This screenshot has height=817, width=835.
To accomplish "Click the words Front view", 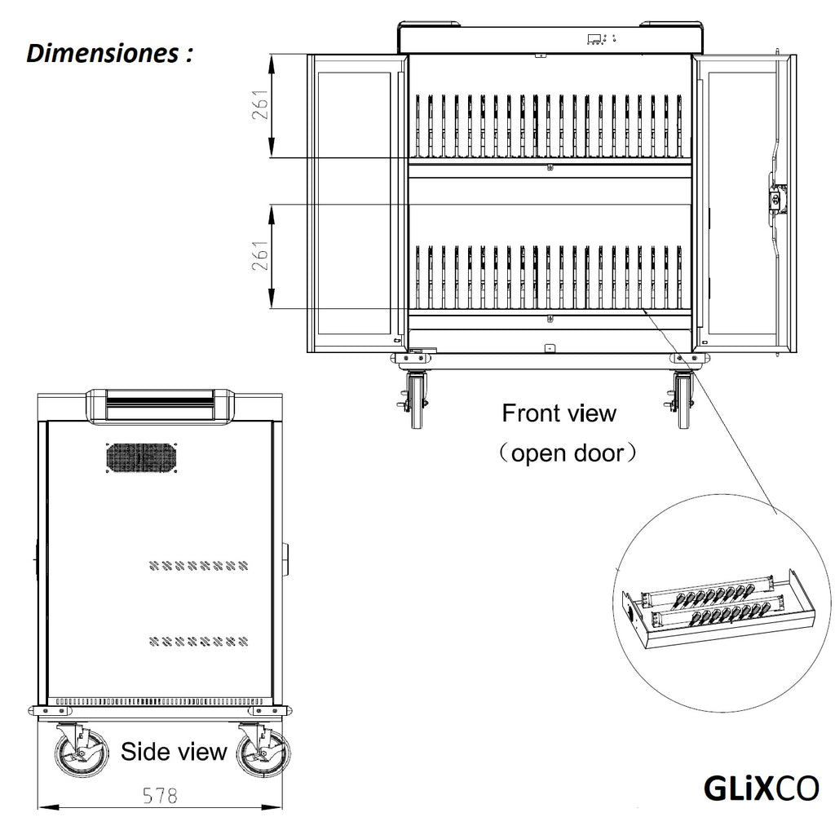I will click(x=559, y=413).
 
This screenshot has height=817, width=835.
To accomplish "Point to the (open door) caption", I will click(x=567, y=453).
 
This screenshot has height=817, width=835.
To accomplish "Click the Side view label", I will click(x=173, y=751).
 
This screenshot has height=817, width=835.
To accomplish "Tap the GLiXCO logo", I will click(x=760, y=788).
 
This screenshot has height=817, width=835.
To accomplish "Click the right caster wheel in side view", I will click(x=263, y=751).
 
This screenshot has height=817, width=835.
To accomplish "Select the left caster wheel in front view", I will click(x=418, y=400).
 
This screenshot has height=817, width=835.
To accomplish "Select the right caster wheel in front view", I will click(x=683, y=400).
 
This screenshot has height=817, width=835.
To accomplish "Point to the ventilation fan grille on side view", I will click(x=140, y=457).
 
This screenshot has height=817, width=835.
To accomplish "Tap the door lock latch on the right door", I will click(x=775, y=197).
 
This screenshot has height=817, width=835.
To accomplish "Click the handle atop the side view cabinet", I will click(x=160, y=404).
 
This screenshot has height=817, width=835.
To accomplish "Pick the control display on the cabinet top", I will click(x=599, y=38).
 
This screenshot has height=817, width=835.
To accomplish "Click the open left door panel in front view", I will click(x=356, y=204).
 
